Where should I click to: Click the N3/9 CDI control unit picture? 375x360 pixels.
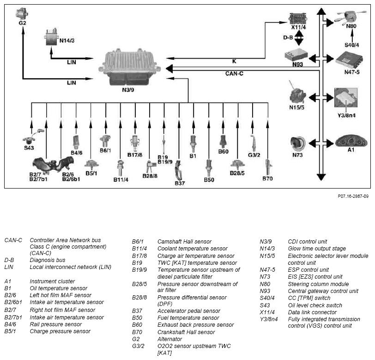(x=128, y=67)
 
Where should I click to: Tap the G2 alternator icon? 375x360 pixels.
(x=22, y=14)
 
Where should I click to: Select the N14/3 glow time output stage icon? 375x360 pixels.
(x=51, y=37)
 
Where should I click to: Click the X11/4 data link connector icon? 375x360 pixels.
(x=298, y=18)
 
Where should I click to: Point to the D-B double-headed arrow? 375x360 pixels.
(x=299, y=38)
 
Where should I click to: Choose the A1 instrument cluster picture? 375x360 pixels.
(x=351, y=141)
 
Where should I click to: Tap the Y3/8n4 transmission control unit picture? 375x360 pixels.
(x=346, y=98)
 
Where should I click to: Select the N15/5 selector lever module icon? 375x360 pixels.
(x=297, y=94)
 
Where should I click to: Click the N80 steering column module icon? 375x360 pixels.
(x=351, y=17)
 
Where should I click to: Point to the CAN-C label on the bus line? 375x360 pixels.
(x=234, y=74)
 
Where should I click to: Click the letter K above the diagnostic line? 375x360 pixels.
(x=234, y=61)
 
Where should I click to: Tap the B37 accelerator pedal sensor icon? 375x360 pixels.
(x=178, y=171)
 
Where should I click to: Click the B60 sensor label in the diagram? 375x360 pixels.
(x=224, y=152)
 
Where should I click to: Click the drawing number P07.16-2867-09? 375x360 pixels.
(x=353, y=196)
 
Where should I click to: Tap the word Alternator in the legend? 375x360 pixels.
(x=169, y=339)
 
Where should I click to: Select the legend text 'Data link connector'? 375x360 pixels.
(x=312, y=312)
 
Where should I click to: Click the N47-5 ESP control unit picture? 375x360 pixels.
(x=349, y=60)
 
